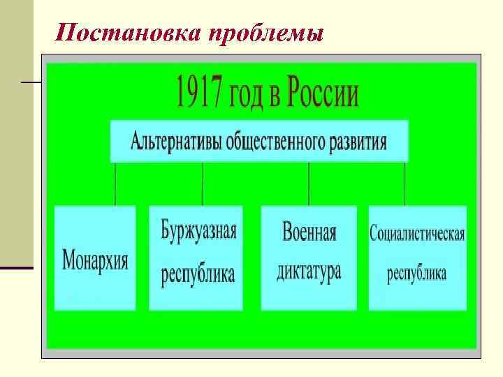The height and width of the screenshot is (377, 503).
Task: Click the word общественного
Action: click(276, 142)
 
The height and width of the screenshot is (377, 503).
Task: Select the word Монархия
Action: click(95, 260)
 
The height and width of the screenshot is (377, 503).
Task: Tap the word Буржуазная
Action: click(198, 230)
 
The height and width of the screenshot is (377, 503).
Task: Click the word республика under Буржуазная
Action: click(198, 274)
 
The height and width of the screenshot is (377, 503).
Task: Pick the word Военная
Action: click(309, 232)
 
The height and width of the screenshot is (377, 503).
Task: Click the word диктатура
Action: click(309, 270)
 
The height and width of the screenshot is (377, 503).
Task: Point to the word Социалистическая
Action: click(417, 233)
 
